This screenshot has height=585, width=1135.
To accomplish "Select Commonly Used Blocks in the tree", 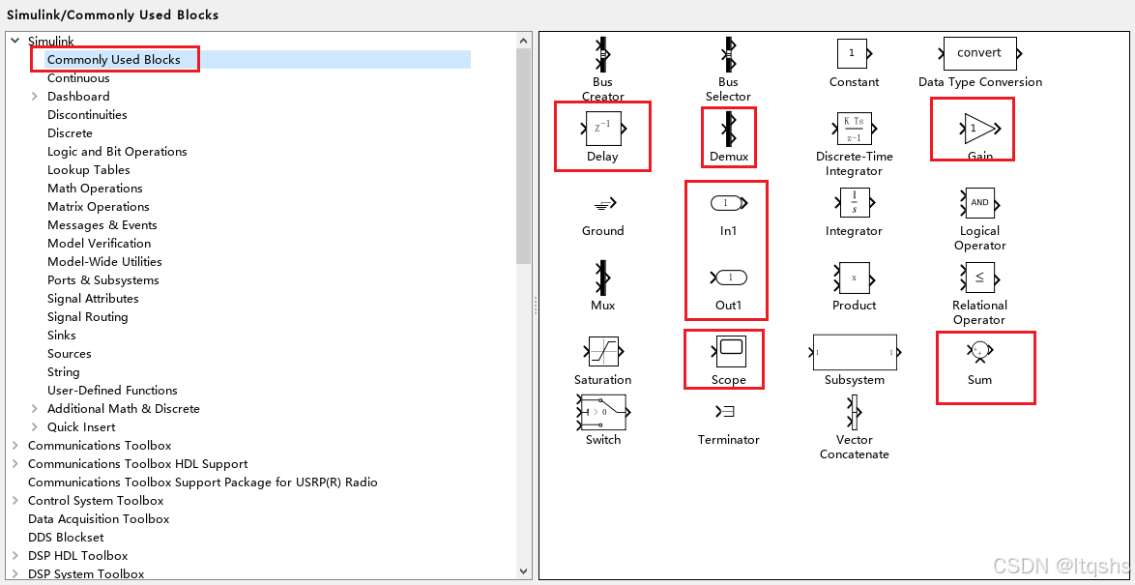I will tap(113, 60).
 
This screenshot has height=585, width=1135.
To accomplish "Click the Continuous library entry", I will tap(78, 78).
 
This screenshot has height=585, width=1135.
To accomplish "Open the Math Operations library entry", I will tap(95, 189).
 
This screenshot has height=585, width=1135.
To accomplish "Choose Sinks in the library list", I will tap(62, 336).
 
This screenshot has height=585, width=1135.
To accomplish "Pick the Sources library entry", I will tap(70, 354).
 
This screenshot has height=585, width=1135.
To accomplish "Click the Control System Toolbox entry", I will tap(96, 501).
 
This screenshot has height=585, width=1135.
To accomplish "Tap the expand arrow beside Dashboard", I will tap(34, 97).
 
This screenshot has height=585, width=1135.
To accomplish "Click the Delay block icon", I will tap(602, 128).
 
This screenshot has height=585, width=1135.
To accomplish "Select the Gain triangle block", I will tap(979, 128).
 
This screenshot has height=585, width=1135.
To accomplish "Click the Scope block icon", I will tap(729, 351).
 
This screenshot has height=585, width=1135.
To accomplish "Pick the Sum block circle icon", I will tap(979, 350).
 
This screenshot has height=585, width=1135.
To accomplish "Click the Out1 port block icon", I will tap(729, 278).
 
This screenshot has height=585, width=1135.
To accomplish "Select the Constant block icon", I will tap(852, 53).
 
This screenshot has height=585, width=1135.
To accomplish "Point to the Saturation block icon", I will tap(603, 351).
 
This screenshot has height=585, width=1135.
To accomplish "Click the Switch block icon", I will tap(601, 413).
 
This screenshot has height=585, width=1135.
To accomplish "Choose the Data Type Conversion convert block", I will tap(979, 53).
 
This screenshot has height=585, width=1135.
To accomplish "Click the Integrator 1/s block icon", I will tap(854, 204).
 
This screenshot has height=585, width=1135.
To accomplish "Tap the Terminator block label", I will tap(729, 440).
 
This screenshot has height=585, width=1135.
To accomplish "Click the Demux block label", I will tap(729, 157).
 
